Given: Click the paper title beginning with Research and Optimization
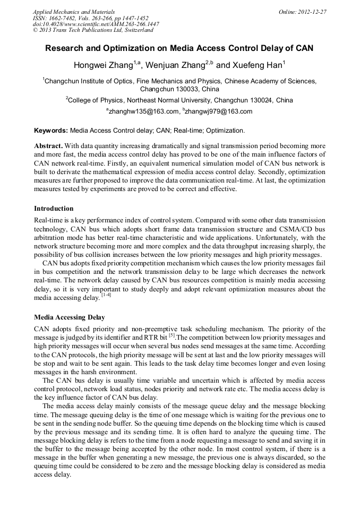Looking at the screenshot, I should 179,48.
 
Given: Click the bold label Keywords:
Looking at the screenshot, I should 51,130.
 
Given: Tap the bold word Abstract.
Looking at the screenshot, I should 48,145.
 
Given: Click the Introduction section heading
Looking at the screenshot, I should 54,209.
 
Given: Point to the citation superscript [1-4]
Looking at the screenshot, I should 106,295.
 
